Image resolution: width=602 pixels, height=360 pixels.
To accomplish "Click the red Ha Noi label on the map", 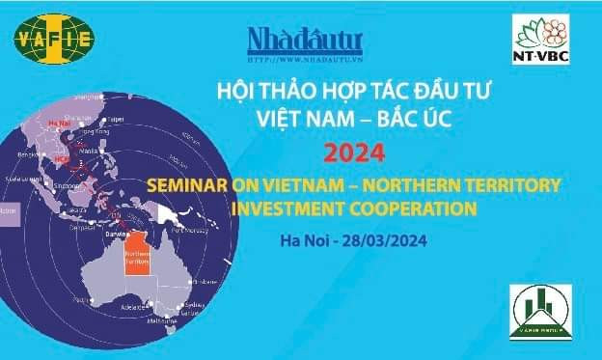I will tap(55, 124).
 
